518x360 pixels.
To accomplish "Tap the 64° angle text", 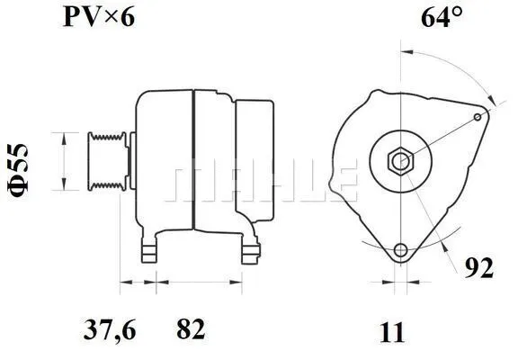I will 443,17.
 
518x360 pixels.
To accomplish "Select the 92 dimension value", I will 478,267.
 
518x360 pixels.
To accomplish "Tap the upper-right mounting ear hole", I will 478,116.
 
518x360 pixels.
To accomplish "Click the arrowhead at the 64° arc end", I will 488,101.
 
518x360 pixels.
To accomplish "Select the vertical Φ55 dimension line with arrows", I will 63,161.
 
